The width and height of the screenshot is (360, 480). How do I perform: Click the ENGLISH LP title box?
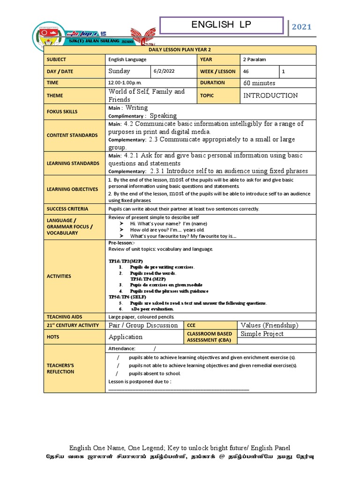(x=221, y=26)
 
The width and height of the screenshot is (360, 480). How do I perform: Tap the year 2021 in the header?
(x=301, y=27)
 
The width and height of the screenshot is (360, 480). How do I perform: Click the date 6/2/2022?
(x=163, y=71)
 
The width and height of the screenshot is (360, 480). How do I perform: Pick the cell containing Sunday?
(x=119, y=71)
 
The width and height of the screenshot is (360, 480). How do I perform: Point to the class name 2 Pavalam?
(x=254, y=60)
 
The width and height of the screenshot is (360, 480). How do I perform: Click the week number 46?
(x=246, y=71)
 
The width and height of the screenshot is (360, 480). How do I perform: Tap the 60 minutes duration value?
(x=259, y=83)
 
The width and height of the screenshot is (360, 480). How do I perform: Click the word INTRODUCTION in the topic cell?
(x=270, y=95)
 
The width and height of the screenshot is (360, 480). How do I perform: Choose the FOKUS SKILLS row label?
(x=62, y=112)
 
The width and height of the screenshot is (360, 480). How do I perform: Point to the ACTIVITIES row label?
(x=59, y=276)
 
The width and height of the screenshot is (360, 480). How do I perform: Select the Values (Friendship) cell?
(x=269, y=325)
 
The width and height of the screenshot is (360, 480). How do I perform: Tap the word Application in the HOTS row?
(x=126, y=337)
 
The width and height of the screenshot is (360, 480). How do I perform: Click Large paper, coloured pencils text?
(x=141, y=317)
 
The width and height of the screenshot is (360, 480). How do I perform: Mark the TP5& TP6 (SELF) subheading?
(x=127, y=297)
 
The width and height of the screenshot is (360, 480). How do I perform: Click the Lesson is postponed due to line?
(x=140, y=382)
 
